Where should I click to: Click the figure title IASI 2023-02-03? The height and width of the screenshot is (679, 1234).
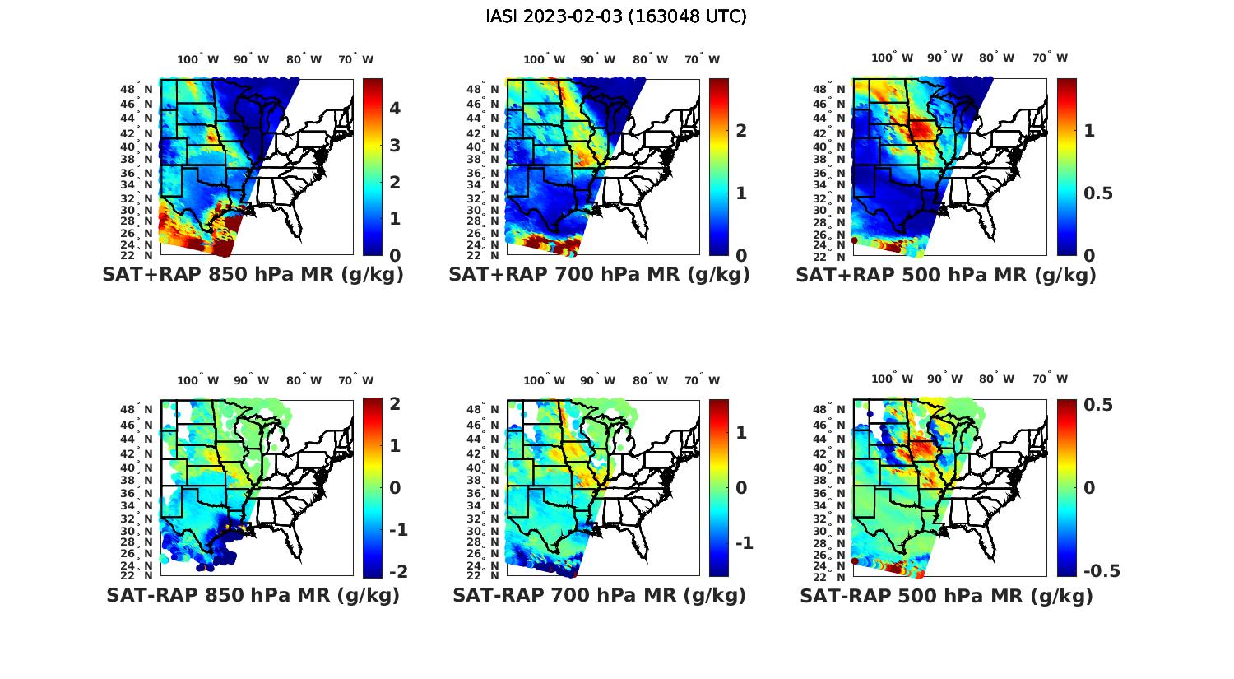coord(616,16)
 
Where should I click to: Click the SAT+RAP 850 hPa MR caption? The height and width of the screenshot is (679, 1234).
coord(253,275)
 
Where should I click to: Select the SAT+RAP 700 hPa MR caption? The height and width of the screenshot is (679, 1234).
coord(599,275)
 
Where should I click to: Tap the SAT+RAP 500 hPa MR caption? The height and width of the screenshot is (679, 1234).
coord(946,275)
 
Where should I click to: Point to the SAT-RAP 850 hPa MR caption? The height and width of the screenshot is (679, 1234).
coord(253,595)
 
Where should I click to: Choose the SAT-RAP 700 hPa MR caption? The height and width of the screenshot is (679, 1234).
coord(599,595)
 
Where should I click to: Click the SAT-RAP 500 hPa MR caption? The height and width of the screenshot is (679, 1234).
coord(946,596)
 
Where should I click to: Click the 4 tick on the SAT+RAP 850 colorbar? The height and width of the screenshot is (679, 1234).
coord(395,109)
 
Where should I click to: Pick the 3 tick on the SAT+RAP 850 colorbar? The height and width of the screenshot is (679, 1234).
coord(395,146)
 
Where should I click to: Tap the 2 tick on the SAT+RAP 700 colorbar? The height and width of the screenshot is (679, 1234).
coord(741,130)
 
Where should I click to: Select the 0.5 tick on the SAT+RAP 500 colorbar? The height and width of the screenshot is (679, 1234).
coord(1098,193)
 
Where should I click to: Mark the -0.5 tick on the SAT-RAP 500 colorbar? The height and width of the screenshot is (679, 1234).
coord(1101,571)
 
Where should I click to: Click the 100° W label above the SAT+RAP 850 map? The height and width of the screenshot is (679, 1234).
coord(198,59)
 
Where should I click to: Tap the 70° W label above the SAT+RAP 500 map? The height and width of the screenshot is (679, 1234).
coord(1051,58)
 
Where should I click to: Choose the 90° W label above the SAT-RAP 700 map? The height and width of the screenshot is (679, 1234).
coord(597,380)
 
